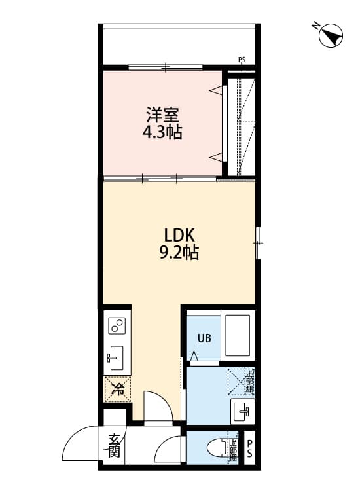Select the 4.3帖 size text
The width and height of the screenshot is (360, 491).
pyautogui.click(x=163, y=133)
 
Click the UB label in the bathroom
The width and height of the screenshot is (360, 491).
pyautogui.click(x=204, y=338)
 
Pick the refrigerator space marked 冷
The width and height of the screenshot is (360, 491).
pyautogui.click(x=118, y=390)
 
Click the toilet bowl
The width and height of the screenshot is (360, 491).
pyautogui.click(x=215, y=448)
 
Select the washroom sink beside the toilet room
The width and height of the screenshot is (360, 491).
pyautogui.click(x=242, y=411)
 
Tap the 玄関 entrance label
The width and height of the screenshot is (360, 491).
pyautogui.click(x=115, y=445)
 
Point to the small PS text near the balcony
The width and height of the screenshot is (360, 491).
pyautogui.click(x=242, y=61)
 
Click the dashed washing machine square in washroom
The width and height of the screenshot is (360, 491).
pyautogui.click(x=240, y=382)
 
